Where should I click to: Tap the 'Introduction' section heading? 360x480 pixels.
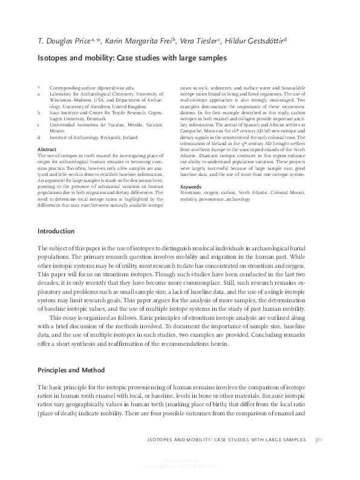coord(57,232)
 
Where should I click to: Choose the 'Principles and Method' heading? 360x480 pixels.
coord(71,369)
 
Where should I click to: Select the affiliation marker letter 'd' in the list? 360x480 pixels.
coord(39,137)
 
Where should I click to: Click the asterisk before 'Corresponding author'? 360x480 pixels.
coord(39,88)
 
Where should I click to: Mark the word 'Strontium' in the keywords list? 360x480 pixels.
coord(192,193)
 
